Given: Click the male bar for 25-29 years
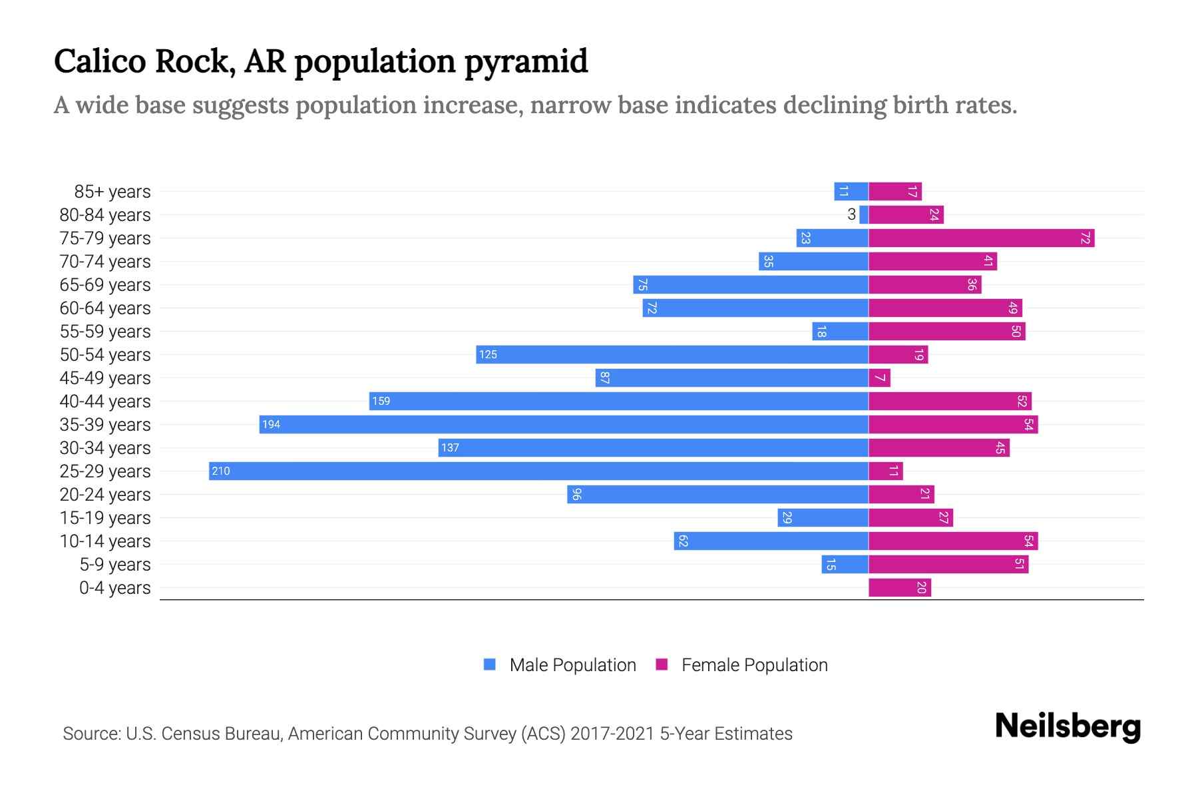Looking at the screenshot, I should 538,471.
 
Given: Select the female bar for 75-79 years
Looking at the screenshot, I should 981,238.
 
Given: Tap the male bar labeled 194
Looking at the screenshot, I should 564,425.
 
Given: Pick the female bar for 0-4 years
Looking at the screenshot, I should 899,588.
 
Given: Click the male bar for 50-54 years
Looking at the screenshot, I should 672,355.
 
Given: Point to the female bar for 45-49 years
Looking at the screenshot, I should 879,378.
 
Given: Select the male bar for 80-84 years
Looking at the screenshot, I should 864,215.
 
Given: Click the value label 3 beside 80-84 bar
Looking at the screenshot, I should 851,215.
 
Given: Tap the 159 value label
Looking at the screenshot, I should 381,401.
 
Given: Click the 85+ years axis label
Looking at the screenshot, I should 112,192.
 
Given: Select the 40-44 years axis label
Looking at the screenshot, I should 105,401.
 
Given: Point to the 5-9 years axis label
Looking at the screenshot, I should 115,565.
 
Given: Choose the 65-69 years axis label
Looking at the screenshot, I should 105,285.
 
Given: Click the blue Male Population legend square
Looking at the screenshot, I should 490,665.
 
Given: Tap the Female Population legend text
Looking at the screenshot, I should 754,665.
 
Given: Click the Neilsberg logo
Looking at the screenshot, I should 1068,726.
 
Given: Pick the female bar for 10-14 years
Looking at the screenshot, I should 953,541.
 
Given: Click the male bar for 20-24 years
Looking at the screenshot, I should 717,495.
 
